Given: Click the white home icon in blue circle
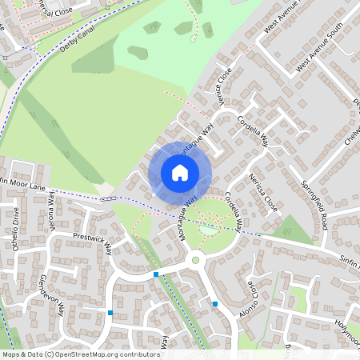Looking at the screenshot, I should (x=180, y=173).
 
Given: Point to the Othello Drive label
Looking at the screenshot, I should (x=15, y=228).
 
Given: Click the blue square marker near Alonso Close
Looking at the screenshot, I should (x=215, y=304).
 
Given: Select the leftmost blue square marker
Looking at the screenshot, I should (x=110, y=312).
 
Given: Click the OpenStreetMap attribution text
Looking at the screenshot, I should (x=81, y=354).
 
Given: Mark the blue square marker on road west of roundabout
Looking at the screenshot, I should (x=155, y=274).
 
